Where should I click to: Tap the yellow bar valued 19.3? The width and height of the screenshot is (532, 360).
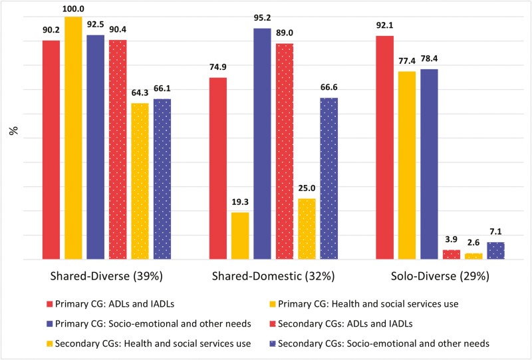point(240,236)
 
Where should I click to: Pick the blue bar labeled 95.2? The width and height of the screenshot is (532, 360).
point(262,144)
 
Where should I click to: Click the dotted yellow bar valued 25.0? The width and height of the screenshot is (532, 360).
point(307,229)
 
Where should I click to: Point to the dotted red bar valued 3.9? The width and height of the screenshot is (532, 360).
point(452,254)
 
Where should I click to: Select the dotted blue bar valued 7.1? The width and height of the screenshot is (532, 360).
point(495,251)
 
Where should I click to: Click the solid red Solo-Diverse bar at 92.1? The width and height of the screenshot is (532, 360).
point(385,147)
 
